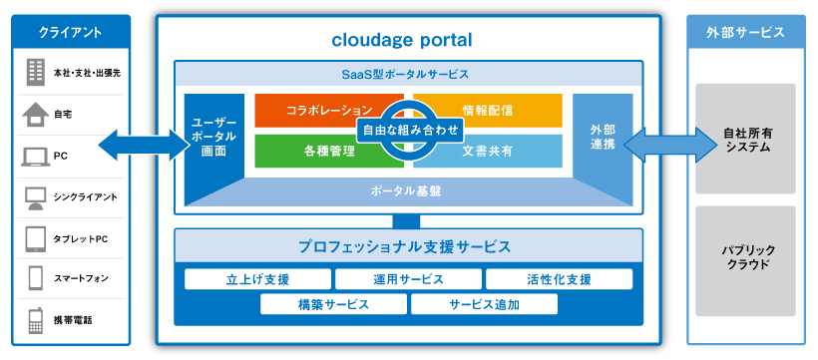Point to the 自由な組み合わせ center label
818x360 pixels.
410,130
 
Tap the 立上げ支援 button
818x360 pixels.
257,278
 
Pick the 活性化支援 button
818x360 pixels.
559,278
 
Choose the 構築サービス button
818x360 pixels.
333,304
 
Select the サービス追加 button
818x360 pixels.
483,304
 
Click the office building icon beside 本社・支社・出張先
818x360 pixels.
35,72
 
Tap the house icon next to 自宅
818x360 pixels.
35,115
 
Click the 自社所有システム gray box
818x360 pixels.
746,139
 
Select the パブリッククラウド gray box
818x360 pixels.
746,256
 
